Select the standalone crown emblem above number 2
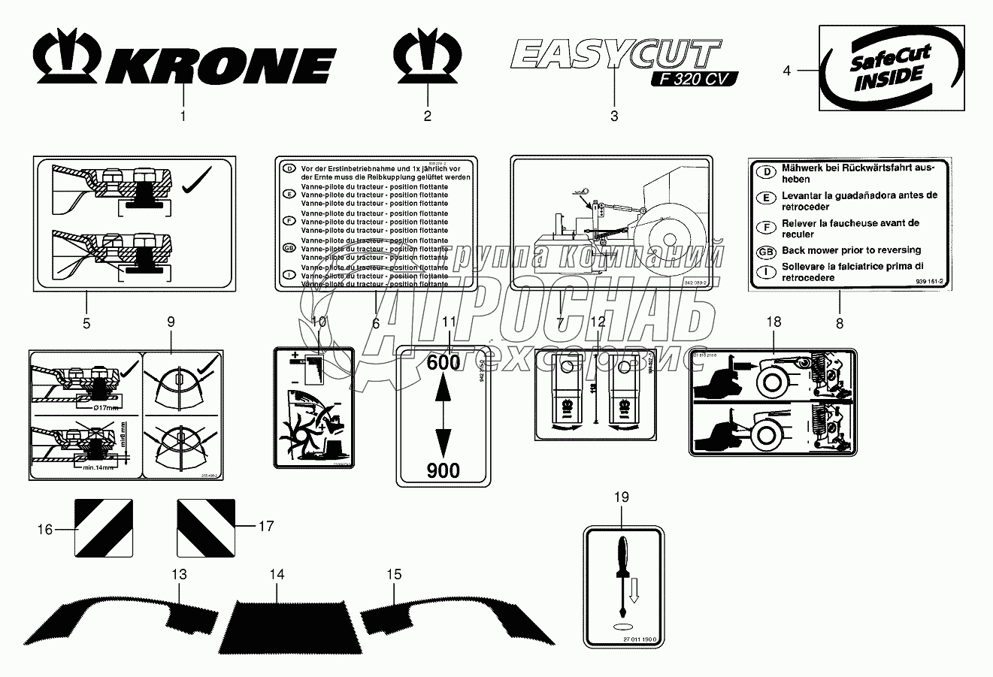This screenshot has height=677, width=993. (427, 55)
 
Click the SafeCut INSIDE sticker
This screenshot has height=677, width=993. (891, 68)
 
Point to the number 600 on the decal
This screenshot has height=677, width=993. (443, 361)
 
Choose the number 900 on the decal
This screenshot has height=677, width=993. (443, 470)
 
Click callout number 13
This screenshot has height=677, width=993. (179, 575)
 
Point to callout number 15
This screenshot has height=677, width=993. (394, 575)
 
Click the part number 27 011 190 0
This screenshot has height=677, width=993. (640, 639)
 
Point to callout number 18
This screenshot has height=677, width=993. (774, 322)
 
